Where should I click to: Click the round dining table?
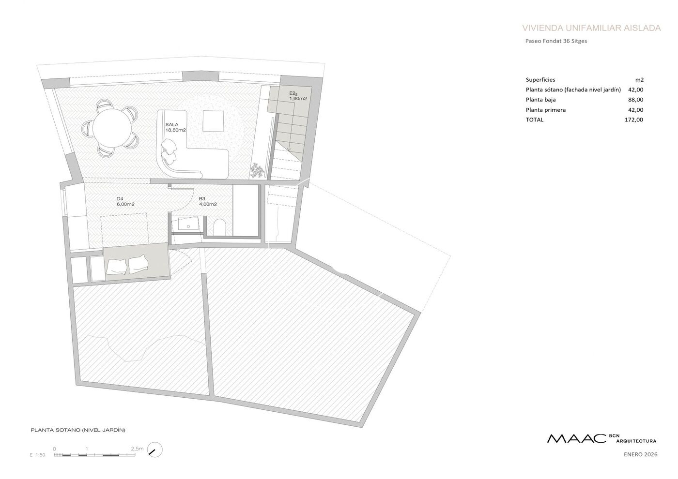tap(112, 128)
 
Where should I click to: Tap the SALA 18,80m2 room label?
tap(175, 127)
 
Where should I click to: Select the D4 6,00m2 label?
tap(125, 201)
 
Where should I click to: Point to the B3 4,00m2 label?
tap(208, 201)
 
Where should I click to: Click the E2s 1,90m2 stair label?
tap(298, 96)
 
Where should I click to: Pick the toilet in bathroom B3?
tap(219, 228)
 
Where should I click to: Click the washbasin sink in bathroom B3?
tap(188, 225)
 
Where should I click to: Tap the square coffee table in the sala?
tap(214, 121)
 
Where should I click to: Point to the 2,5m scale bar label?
tap(137, 449)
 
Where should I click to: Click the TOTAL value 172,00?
tap(634, 120)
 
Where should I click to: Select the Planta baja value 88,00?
tap(635, 100)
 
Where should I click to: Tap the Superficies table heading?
tap(540, 80)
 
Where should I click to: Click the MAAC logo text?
tap(576, 447)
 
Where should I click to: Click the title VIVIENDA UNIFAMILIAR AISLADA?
tap(591, 28)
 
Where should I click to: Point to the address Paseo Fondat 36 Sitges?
tap(556, 41)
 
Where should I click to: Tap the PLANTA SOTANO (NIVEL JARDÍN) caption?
tap(78, 430)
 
